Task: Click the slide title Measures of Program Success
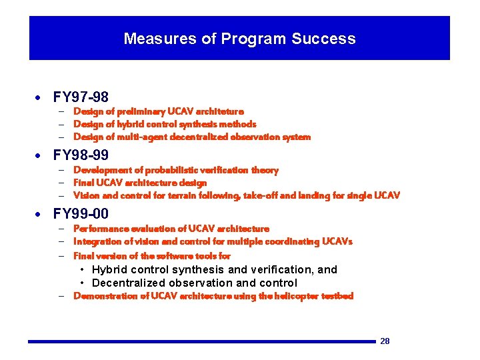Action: click(x=239, y=39)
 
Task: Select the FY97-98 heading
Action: click(x=81, y=98)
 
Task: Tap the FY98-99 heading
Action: click(x=81, y=156)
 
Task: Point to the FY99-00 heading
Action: click(x=81, y=214)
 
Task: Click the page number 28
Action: click(x=385, y=341)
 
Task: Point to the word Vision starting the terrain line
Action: click(x=86, y=195)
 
